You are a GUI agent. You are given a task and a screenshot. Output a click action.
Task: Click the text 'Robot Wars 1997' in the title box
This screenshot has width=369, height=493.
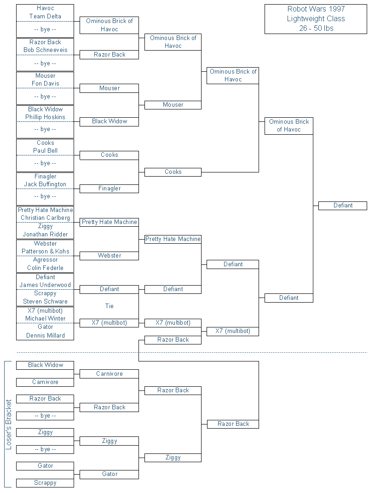[316, 9]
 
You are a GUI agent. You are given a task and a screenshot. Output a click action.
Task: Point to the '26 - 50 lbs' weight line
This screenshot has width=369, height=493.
[316, 29]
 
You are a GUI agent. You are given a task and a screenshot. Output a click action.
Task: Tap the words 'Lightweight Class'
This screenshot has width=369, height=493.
[316, 19]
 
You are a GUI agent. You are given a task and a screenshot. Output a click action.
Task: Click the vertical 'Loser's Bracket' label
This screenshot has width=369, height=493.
[8, 424]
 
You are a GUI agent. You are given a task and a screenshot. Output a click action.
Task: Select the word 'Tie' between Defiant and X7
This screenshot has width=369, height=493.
[109, 306]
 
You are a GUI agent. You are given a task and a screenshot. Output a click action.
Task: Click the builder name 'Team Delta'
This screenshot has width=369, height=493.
[45, 17]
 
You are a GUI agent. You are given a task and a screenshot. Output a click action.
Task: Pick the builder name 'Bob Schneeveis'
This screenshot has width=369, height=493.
[45, 50]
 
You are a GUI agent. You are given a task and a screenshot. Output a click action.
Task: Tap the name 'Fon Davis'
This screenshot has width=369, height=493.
[45, 84]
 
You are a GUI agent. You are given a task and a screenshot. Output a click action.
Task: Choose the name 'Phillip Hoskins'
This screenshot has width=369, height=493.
[45, 117]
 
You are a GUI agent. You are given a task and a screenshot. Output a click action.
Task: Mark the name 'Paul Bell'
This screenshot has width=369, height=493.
[45, 150]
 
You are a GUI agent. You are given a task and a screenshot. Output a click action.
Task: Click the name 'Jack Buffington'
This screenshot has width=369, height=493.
[45, 184]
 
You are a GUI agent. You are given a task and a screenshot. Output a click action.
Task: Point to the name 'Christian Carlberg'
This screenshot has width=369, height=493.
[45, 218]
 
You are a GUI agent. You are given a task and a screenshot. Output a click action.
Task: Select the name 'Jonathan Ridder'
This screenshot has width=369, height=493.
[45, 234]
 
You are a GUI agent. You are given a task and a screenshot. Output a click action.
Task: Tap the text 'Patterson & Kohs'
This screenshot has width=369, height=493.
[45, 251]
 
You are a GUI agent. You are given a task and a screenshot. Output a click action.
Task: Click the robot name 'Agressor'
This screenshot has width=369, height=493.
[45, 260]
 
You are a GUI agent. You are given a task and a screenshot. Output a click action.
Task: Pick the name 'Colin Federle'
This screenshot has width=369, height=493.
[45, 268]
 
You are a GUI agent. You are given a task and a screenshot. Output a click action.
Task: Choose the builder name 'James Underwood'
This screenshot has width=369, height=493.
[45, 285]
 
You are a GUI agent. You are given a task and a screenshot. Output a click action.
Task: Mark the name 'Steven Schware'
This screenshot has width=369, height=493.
[45, 302]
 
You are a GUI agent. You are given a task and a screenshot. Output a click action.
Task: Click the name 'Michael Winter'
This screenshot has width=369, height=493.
[45, 319]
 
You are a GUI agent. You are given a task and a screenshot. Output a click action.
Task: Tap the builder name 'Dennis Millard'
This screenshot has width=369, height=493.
[45, 335]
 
